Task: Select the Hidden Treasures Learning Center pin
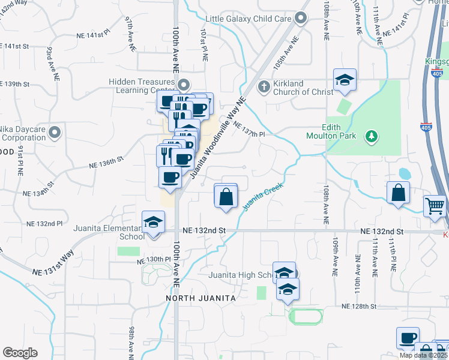[184, 85]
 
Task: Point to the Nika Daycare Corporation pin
[55, 131]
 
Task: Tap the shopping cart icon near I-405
[435, 206]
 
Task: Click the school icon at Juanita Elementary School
[153, 222]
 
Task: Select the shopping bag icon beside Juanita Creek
[226, 196]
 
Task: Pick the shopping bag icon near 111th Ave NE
[398, 193]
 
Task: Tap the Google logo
[20, 353]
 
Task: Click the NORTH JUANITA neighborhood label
[200, 298]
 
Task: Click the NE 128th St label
[358, 306]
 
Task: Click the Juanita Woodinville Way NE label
[217, 139]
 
